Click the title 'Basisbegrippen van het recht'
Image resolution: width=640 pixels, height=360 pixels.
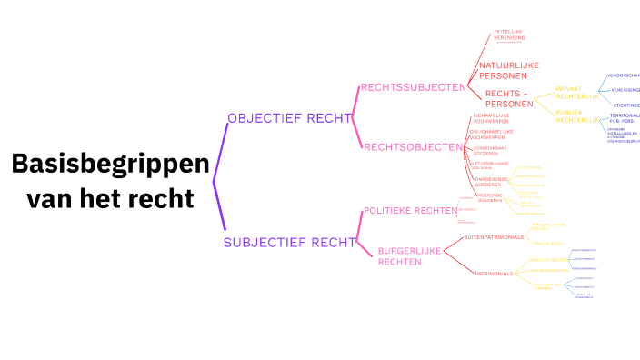coord(110,180)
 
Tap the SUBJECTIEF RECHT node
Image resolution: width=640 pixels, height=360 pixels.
coord(288,242)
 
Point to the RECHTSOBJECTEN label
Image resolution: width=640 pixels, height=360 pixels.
coord(413,147)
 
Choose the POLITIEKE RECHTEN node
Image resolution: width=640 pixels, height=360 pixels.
coord(410,211)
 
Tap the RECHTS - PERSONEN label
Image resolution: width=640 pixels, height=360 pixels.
coord(507,98)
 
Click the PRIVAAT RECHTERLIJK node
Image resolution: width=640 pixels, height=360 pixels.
coord(577,92)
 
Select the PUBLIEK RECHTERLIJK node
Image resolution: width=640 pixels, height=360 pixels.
coord(577,116)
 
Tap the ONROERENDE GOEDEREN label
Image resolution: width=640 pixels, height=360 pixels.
coord(491,183)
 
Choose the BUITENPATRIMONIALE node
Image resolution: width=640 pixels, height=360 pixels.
coord(494,237)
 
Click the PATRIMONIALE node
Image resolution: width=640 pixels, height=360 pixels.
coord(495,273)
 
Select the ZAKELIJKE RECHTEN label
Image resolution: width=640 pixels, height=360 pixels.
coord(549,260)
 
